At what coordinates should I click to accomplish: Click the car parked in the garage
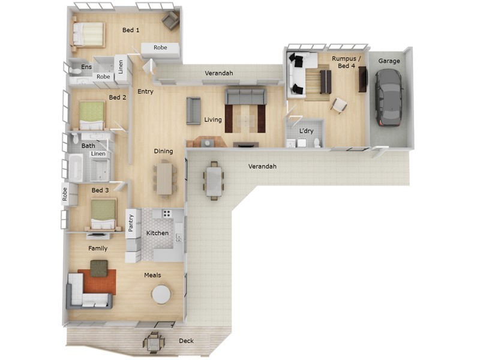point(389,97)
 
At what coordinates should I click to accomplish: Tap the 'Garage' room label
point(389,61)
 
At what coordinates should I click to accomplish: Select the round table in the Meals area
point(161,294)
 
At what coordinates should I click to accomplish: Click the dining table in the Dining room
point(164,179)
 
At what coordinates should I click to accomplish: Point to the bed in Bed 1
point(88,34)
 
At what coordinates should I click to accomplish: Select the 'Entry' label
point(145,92)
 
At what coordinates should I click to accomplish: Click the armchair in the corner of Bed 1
point(170,22)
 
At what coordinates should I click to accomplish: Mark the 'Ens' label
point(86,67)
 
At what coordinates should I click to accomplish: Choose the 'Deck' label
point(186,341)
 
